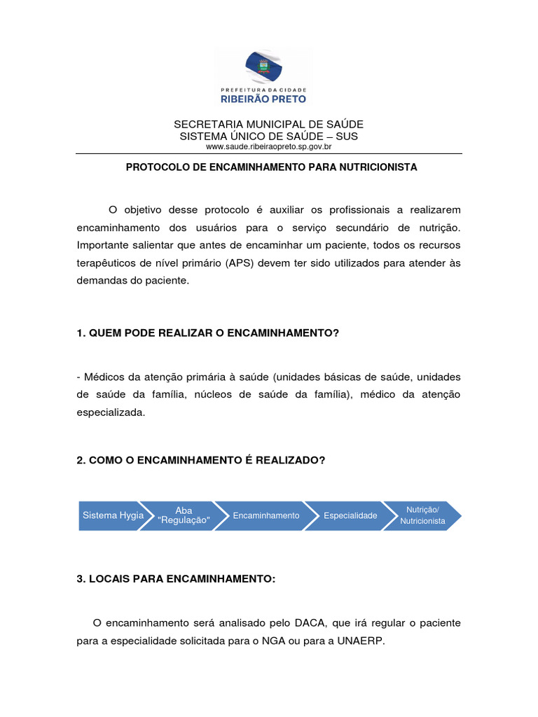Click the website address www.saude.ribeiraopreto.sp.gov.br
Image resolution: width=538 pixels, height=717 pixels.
point(268,146)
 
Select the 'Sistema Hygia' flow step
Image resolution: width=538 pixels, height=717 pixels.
point(112,515)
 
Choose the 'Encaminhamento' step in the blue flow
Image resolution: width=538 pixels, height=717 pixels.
point(265,515)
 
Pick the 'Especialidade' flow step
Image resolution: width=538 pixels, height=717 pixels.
point(350,515)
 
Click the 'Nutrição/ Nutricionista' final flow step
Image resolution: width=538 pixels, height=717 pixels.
point(422,515)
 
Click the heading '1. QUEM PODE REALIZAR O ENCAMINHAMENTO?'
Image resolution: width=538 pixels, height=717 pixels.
point(207,333)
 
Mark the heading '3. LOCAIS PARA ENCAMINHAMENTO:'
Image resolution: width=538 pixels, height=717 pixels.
point(177,579)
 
